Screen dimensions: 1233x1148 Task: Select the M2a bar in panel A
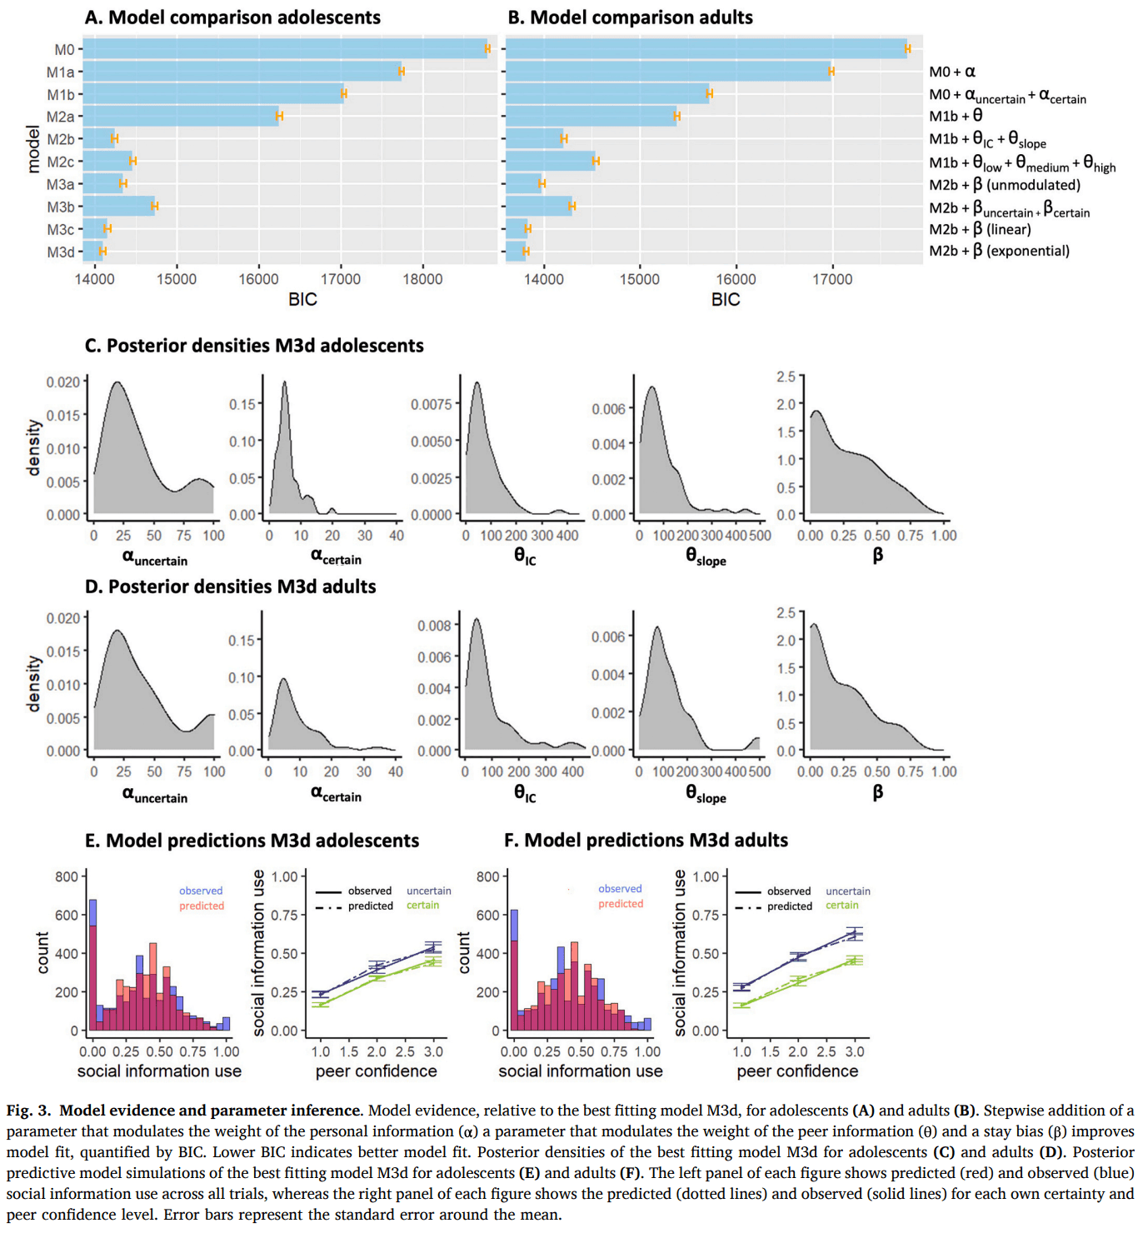(181, 117)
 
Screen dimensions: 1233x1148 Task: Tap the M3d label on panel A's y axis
(60, 252)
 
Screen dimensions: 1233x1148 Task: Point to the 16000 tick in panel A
(258, 279)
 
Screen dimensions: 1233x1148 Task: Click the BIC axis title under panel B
(725, 300)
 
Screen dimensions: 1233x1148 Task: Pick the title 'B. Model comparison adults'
(630, 17)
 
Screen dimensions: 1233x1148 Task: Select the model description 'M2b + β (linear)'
(980, 229)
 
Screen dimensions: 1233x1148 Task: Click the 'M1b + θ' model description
(956, 116)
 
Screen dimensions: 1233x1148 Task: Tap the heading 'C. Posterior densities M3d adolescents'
(254, 346)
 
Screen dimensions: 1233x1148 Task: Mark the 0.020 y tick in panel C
(63, 382)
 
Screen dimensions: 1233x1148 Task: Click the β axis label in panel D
(877, 791)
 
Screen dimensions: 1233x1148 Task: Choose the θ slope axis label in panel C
(706, 557)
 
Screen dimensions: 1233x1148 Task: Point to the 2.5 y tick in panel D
(786, 613)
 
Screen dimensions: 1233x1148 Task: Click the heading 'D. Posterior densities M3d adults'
(230, 587)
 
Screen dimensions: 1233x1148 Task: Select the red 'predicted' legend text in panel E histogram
(202, 906)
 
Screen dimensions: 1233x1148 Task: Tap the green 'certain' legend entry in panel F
(841, 905)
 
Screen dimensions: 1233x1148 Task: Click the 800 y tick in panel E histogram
(67, 876)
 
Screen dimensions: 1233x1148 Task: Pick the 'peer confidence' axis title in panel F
(797, 1071)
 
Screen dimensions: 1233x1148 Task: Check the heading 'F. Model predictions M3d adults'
(646, 841)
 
